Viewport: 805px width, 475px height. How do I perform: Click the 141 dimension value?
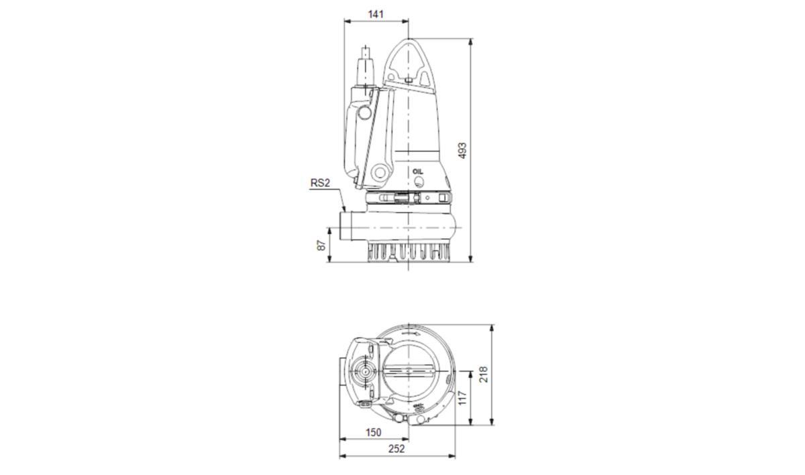pos(376,14)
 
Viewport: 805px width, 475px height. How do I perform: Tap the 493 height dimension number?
pos(462,151)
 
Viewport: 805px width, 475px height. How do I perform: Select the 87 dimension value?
pos(321,245)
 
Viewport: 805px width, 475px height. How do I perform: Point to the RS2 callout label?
pos(320,183)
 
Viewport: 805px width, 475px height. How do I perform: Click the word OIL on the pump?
pos(418,172)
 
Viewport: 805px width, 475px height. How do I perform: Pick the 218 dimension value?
pos(484,374)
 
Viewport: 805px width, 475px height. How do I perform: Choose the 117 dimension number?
pos(462,398)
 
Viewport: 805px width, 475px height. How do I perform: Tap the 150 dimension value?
pos(374,432)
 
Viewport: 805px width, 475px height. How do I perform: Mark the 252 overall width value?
pos(396,449)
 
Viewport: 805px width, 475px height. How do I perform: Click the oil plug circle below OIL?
pos(418,182)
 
